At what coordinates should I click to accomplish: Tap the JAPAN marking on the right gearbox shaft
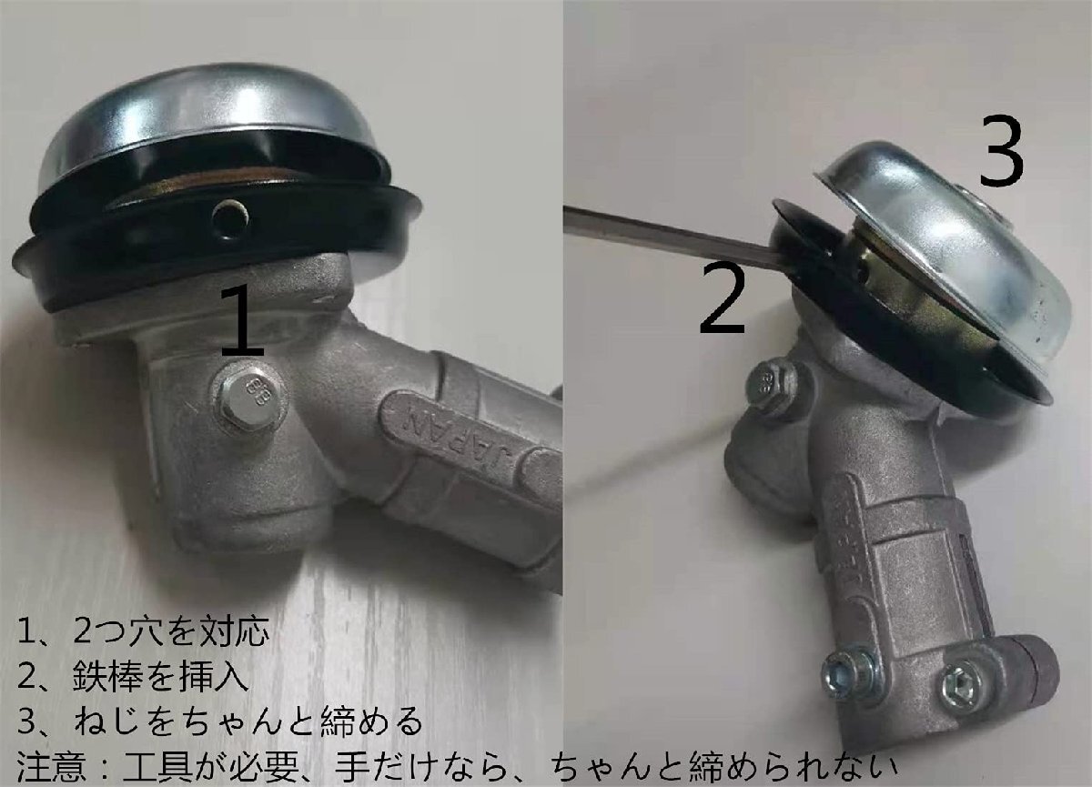(855, 527)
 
